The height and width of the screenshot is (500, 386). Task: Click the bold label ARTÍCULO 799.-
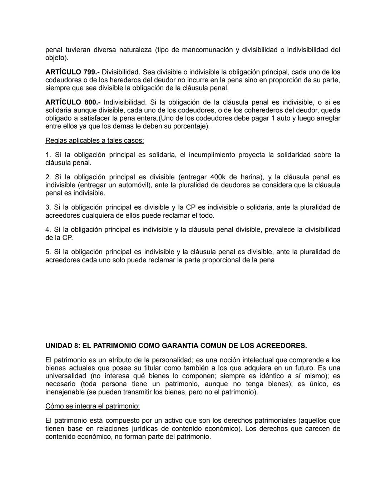(x=72, y=72)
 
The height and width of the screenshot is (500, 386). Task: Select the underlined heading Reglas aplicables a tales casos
(x=94, y=140)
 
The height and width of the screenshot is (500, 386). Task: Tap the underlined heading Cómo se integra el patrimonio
(x=92, y=406)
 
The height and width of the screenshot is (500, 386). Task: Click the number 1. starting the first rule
(x=48, y=155)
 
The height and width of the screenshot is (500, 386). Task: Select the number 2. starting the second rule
(x=48, y=177)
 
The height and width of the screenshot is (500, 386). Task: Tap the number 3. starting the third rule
(x=48, y=207)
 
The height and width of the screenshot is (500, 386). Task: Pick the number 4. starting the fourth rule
(x=48, y=229)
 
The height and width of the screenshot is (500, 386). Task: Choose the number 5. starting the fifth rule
(x=48, y=252)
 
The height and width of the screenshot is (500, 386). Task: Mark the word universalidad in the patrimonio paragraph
(x=66, y=376)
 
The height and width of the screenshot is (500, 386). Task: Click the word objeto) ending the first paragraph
(x=57, y=58)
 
